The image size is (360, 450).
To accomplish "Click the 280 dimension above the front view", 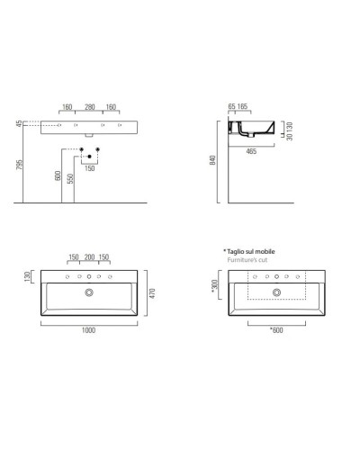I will [89, 108].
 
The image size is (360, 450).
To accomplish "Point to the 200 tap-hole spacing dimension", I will [88, 257].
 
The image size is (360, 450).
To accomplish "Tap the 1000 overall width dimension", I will [88, 331].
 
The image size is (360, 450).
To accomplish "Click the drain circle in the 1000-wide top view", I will [88, 292].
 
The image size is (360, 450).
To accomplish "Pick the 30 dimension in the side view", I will [285, 137].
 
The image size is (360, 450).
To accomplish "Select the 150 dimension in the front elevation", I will [89, 167].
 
